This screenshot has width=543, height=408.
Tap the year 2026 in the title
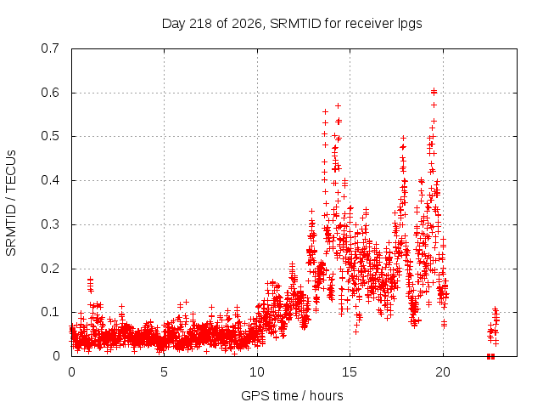point(247,24)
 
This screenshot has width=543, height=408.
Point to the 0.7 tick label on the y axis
point(50,48)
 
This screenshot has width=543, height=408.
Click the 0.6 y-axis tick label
point(50,93)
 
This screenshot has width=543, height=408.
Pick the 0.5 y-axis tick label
point(50,136)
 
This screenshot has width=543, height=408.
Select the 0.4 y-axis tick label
point(50,180)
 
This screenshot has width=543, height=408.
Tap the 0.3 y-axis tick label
point(50,224)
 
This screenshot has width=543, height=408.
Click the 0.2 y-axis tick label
point(50,269)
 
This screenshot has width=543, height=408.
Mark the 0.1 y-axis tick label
point(50,312)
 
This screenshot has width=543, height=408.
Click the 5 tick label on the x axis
point(164,372)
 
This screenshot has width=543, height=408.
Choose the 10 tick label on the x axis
point(257,372)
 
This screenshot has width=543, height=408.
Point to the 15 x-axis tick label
point(350,372)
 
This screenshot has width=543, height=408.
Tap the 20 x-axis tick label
point(443,372)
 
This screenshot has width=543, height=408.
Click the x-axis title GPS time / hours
point(292,396)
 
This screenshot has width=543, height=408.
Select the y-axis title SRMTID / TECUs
point(11,203)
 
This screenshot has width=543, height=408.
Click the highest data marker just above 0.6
point(434,91)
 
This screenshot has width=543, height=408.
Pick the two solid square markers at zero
point(490,356)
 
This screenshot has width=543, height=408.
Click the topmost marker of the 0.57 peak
point(338,105)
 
